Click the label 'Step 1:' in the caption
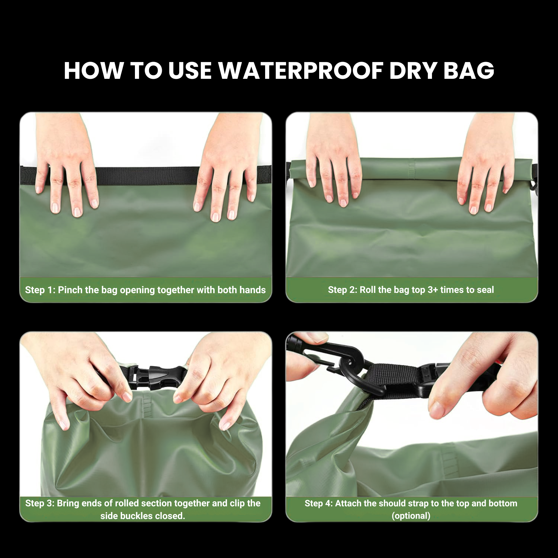point(40,290)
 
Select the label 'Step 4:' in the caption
point(319,503)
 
